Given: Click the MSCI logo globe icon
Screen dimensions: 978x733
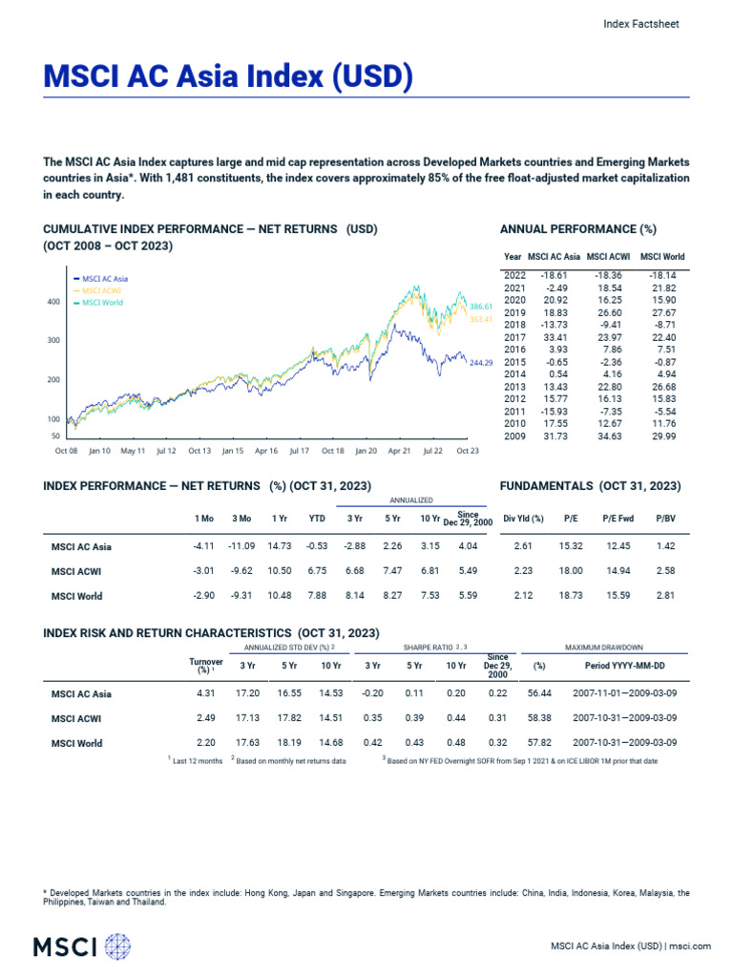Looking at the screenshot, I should click(117, 946).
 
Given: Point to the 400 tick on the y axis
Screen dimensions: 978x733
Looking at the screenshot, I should click(53, 302).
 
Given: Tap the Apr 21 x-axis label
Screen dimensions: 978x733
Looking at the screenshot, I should click(399, 450).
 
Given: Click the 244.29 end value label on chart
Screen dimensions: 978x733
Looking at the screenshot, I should click(482, 363).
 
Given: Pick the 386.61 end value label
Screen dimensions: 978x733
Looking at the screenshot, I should click(481, 307).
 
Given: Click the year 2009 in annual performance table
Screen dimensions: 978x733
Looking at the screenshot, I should click(513, 436).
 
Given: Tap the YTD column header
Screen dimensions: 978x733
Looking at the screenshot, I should click(317, 518).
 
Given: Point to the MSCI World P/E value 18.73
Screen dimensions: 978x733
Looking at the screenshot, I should click(570, 596).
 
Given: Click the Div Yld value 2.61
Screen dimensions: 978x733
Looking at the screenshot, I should click(522, 546).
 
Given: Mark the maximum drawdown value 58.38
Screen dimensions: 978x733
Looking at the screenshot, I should click(540, 718).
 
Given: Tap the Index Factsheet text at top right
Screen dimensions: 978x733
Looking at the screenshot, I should click(642, 25).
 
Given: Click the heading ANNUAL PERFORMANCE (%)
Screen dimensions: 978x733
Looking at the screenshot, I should click(578, 229).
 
